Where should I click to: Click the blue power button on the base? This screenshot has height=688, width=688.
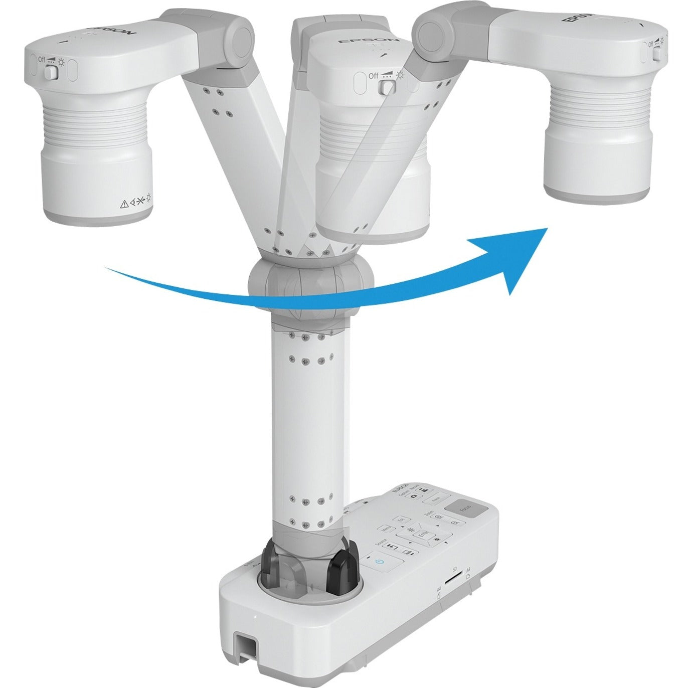[x=378, y=563]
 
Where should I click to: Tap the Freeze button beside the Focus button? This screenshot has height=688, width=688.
[x=435, y=500]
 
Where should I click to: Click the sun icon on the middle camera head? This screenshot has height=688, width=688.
[x=400, y=75]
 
